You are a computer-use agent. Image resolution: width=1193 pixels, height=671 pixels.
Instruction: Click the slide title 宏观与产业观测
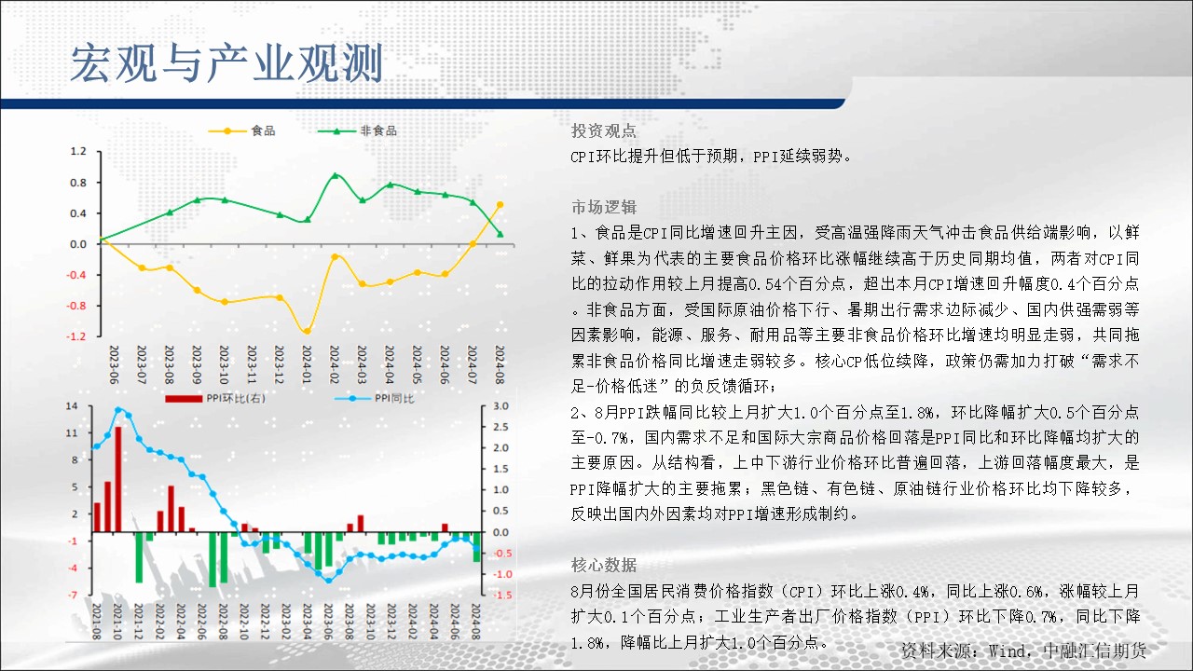pyautogui.click(x=226, y=64)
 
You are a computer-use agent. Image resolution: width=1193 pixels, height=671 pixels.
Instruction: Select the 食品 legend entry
pyautogui.click(x=241, y=130)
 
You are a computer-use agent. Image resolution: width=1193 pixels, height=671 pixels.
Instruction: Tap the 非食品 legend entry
pyautogui.click(x=357, y=130)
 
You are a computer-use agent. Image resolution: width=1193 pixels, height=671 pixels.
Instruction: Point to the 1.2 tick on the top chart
pyautogui.click(x=78, y=151)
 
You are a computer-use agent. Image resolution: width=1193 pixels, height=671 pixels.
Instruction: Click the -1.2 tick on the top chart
pyautogui.click(x=76, y=336)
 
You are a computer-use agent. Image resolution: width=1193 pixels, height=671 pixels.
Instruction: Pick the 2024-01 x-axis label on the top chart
pyautogui.click(x=307, y=364)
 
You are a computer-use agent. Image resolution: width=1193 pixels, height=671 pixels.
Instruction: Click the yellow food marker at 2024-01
pyautogui.click(x=307, y=331)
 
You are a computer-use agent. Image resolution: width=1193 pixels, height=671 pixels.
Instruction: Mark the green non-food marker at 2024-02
pyautogui.click(x=335, y=175)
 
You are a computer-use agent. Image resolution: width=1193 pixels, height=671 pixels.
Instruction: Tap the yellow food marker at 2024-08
pyautogui.click(x=501, y=204)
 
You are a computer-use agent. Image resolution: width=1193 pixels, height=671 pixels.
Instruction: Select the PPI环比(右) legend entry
pyautogui.click(x=215, y=398)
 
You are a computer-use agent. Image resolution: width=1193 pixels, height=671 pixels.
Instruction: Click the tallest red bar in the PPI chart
pyautogui.click(x=118, y=479)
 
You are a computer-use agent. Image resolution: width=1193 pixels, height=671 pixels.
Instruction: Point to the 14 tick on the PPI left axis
pyautogui.click(x=72, y=405)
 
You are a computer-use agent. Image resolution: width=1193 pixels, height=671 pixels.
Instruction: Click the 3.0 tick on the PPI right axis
pyautogui.click(x=501, y=405)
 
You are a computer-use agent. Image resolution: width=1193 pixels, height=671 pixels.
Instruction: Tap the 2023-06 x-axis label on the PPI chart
pyautogui.click(x=328, y=622)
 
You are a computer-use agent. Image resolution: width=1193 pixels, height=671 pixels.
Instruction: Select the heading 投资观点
pyautogui.click(x=603, y=130)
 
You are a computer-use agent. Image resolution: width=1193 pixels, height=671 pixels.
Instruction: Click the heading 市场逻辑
pyautogui.click(x=603, y=207)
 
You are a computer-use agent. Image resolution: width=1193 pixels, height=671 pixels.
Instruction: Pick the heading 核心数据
pyautogui.click(x=603, y=565)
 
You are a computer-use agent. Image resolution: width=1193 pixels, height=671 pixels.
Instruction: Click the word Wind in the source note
pyautogui.click(x=1006, y=650)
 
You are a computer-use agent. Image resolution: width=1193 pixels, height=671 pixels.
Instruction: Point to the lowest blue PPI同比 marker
pyautogui.click(x=328, y=581)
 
